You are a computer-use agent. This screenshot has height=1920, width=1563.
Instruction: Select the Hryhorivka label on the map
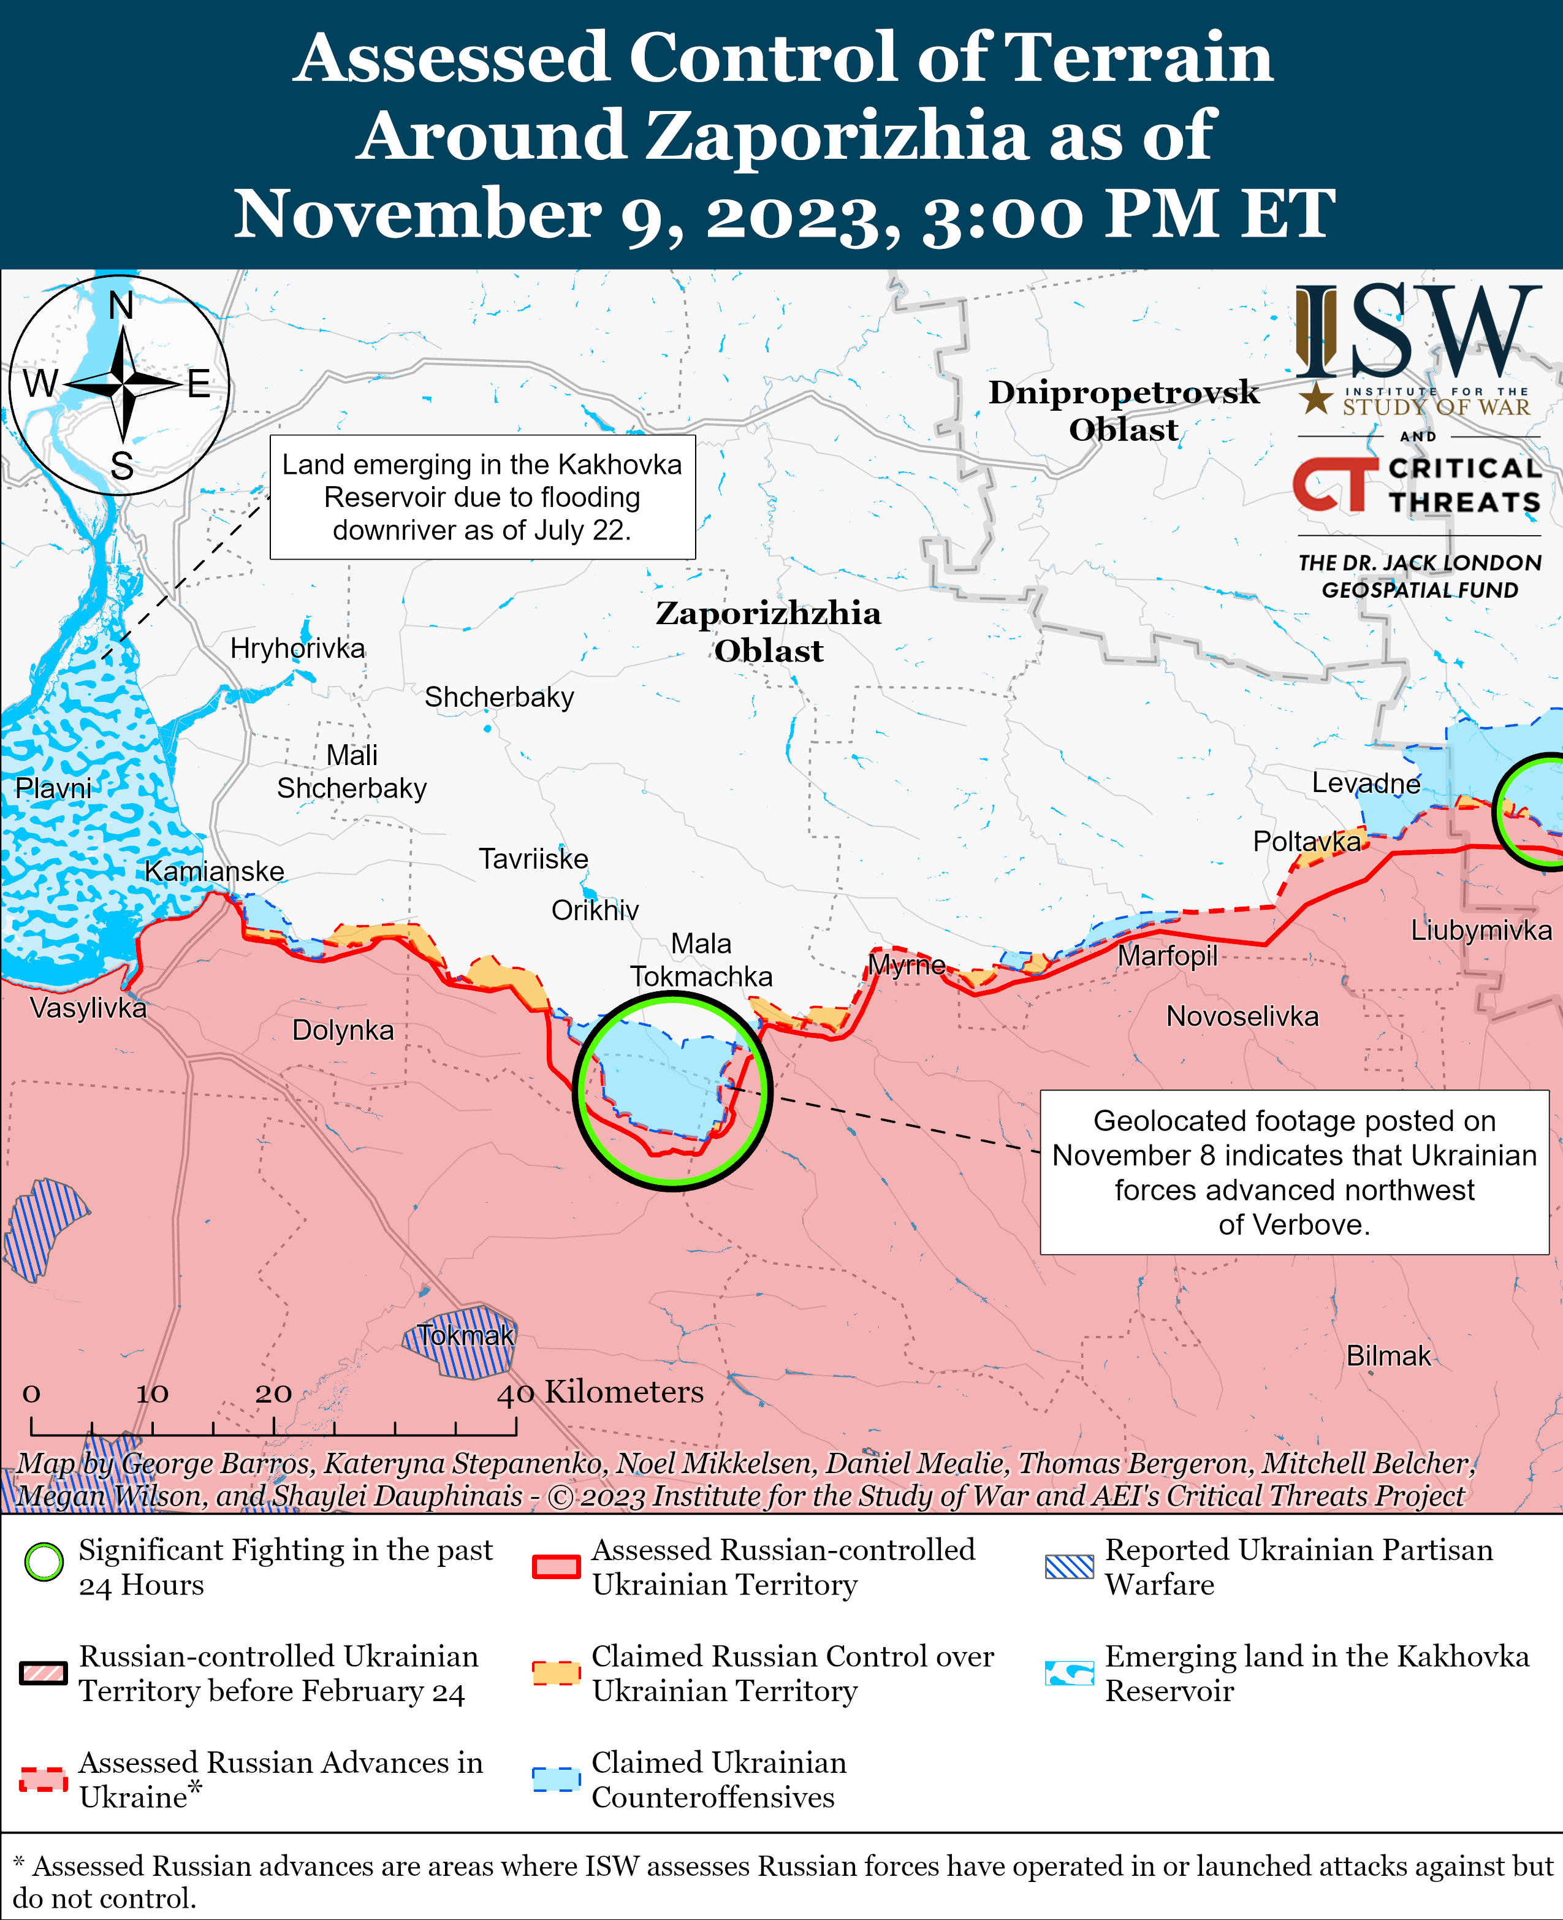(297, 649)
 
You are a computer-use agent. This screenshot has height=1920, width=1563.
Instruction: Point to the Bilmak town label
(1388, 1355)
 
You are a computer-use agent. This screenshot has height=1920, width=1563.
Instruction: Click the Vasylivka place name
(88, 1008)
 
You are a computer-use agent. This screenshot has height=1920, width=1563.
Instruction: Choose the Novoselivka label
(1242, 1017)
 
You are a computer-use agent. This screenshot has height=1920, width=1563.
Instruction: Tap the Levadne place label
(1365, 783)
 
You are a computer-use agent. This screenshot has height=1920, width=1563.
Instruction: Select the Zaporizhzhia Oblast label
(768, 631)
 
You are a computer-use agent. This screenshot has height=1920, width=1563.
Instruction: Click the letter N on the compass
(121, 306)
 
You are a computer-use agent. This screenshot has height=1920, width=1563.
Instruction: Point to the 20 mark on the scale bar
(273, 1393)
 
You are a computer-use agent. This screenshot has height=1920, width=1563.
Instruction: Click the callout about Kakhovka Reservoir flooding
(482, 497)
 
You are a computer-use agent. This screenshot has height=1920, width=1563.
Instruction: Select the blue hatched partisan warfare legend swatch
(1069, 1567)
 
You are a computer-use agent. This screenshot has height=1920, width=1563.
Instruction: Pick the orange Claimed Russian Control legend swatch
(555, 1672)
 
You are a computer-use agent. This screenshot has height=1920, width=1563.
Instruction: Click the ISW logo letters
(1418, 332)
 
